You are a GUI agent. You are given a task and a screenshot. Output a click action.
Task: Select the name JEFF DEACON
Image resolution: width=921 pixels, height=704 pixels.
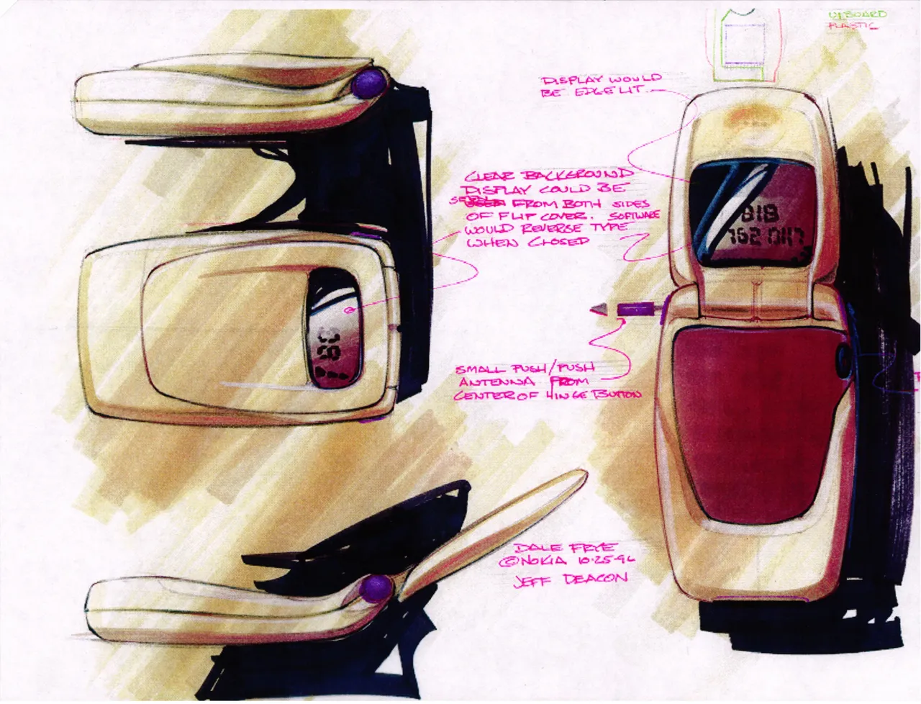pyautogui.click(x=570, y=579)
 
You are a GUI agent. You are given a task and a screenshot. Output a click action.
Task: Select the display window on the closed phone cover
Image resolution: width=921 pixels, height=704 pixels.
pyautogui.click(x=335, y=326)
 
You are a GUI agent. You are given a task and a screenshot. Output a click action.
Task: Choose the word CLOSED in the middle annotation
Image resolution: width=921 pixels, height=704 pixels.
pyautogui.click(x=558, y=243)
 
